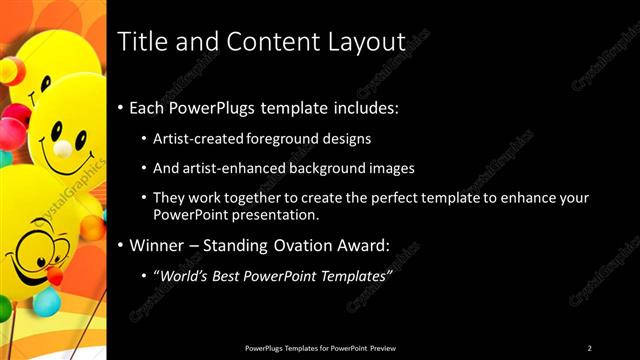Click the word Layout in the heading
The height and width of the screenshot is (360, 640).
click(x=364, y=42)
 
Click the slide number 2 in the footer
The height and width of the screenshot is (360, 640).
click(x=589, y=347)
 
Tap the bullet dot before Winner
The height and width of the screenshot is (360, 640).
click(x=121, y=245)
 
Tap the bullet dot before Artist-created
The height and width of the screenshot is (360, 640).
click(x=144, y=138)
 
